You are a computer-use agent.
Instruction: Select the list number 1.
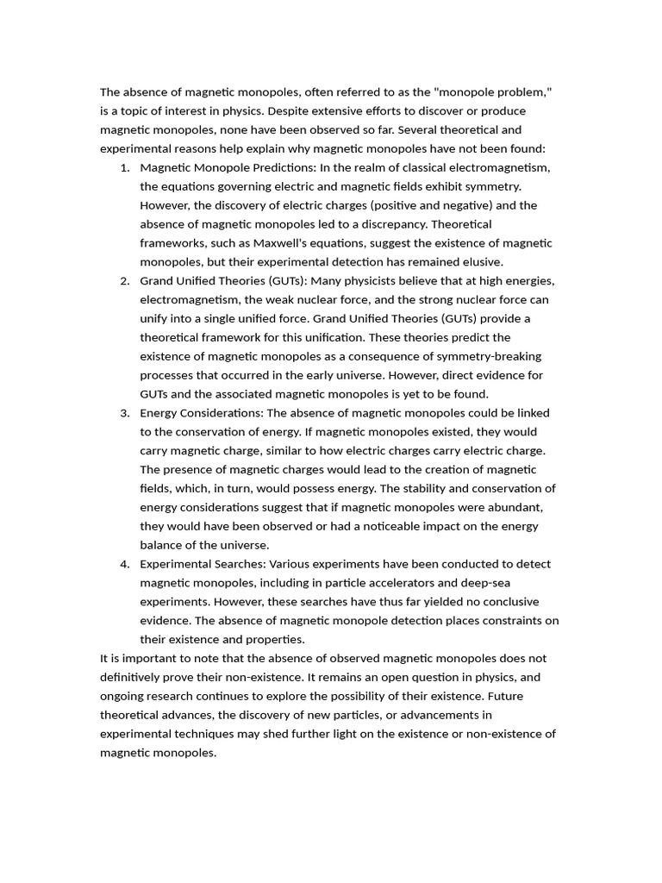coord(125,167)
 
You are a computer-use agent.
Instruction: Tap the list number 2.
coord(125,281)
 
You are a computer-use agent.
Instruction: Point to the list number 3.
coord(125,413)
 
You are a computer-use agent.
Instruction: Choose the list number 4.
coord(125,564)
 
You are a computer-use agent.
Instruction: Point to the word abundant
coord(515,507)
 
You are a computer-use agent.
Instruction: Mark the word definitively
coord(135,678)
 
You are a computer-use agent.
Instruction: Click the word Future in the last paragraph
coord(540,697)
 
